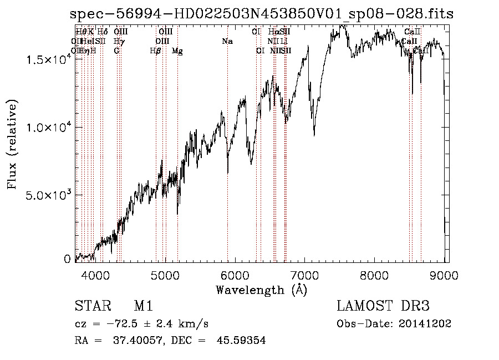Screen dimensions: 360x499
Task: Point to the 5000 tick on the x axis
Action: pos(165,273)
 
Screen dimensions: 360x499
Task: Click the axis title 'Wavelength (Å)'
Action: pos(261,290)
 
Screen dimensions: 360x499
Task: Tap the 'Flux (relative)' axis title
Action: pos(12,145)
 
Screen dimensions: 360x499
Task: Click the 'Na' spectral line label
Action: pos(227,42)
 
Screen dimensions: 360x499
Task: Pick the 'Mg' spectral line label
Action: pos(177,51)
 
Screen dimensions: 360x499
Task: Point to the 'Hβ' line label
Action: pos(156,51)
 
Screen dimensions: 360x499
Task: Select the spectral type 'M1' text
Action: pos(143,306)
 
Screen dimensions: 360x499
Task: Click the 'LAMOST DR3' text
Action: pos(383,306)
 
